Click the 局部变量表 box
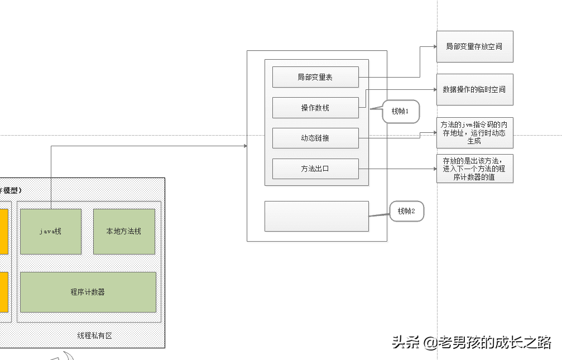coord(315,77)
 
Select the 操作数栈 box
coord(315,108)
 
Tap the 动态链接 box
coord(315,138)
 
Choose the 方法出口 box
coord(315,169)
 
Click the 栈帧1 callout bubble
coord(401,112)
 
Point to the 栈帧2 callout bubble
coord(407,211)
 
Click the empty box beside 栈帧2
coord(316,216)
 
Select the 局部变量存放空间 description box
coord(474,46)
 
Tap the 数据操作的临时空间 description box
coord(474,89)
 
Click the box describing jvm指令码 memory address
coord(474,133)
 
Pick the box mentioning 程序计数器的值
coord(474,169)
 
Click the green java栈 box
coord(51,232)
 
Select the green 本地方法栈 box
coord(124,232)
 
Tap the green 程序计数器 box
coord(88,292)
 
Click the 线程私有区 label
coord(94,335)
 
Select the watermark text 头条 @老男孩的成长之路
coord(472,342)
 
